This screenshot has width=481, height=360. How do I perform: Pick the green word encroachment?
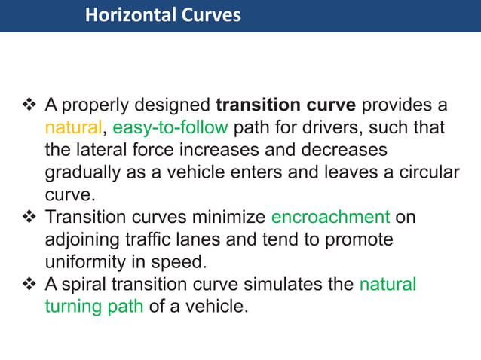click(330, 218)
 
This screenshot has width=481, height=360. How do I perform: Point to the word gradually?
click(81, 172)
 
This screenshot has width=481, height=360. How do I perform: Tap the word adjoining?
click(83, 240)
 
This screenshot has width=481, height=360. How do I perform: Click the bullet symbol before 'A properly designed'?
click(31, 104)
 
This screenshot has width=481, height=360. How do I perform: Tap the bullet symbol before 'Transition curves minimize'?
click(31, 218)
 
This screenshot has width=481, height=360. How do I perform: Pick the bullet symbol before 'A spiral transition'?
click(31, 285)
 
